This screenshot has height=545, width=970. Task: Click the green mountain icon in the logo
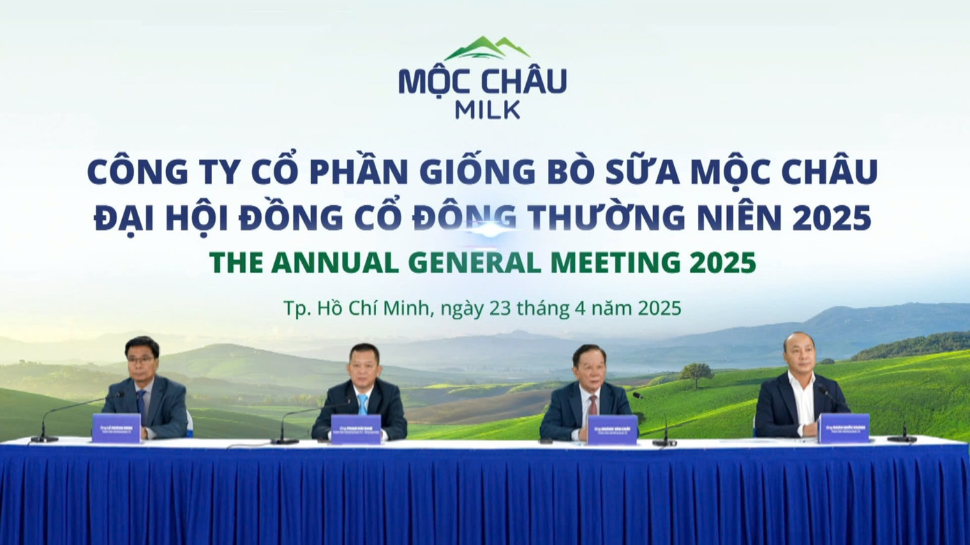tap(486, 49)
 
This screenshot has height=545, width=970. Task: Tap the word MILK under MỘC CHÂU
tap(486, 110)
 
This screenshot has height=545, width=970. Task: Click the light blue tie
tap(362, 404)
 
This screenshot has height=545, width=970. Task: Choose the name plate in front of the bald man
tap(843, 428)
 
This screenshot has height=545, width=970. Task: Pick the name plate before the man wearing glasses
tap(116, 428)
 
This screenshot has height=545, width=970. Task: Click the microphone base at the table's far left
tap(45, 439)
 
